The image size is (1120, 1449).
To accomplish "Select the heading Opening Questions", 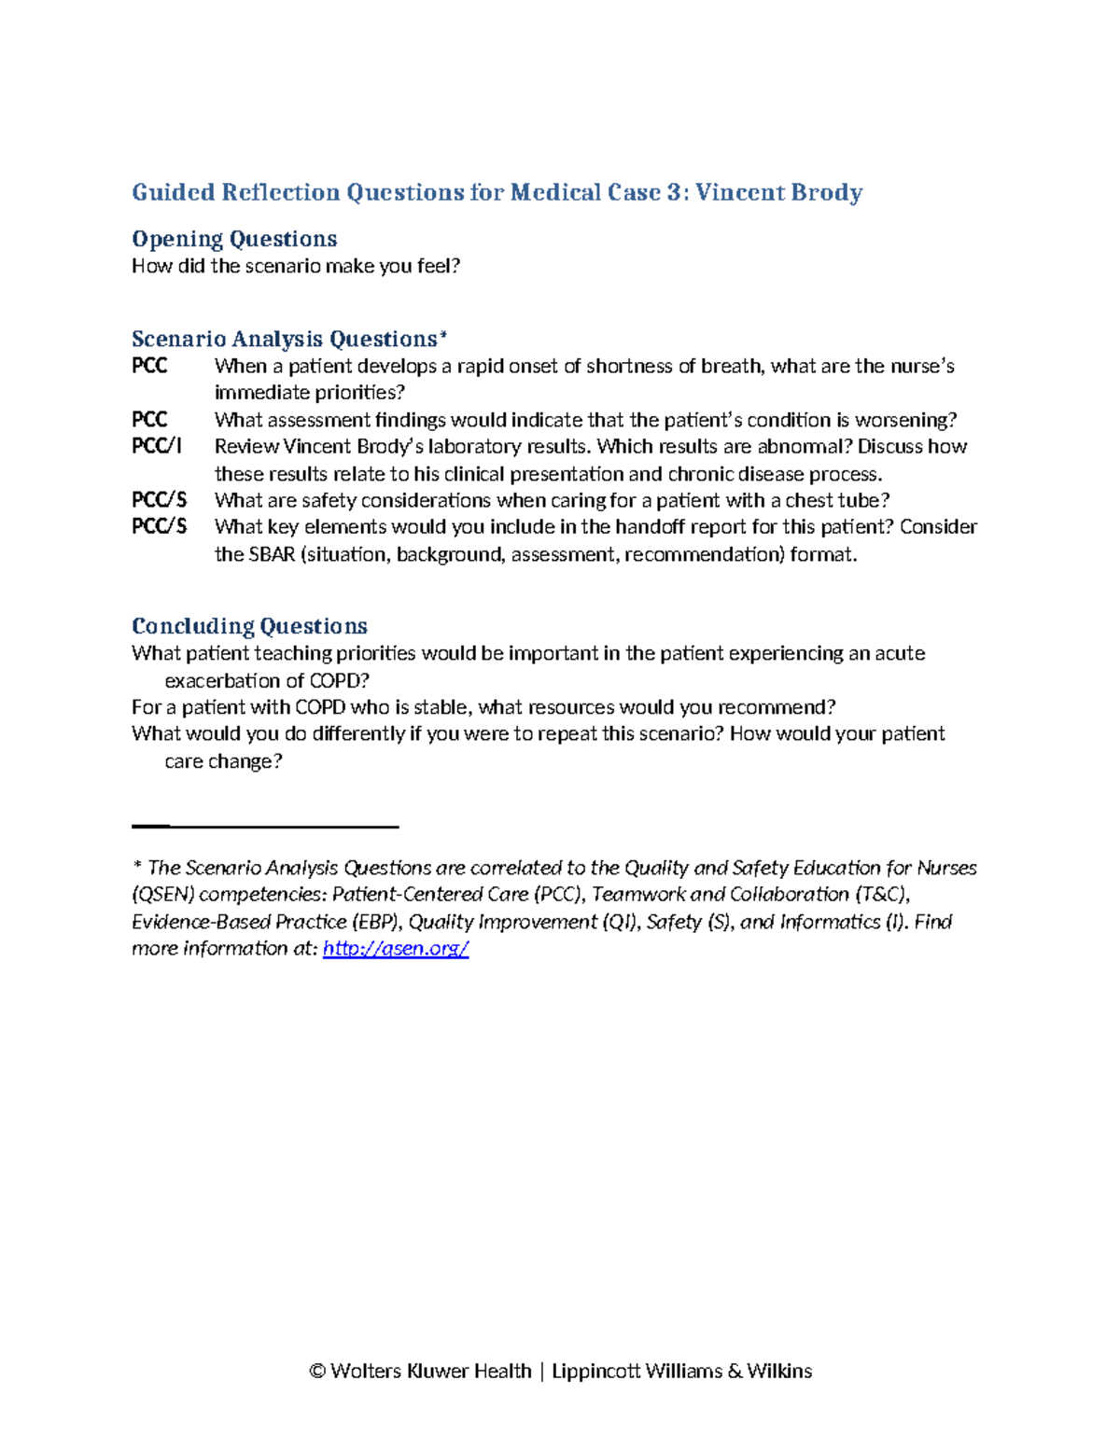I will (x=234, y=239).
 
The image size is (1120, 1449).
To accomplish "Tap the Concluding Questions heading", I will (x=249, y=626).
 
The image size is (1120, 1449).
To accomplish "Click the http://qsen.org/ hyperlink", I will (x=395, y=949).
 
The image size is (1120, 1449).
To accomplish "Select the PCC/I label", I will (x=156, y=446).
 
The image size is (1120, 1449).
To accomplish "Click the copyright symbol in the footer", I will (x=317, y=1371).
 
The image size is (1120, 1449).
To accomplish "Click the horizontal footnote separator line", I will (x=265, y=827).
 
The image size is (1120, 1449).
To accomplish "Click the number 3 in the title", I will (x=673, y=192).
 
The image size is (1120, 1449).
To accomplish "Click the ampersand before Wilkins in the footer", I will (x=735, y=1371).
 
